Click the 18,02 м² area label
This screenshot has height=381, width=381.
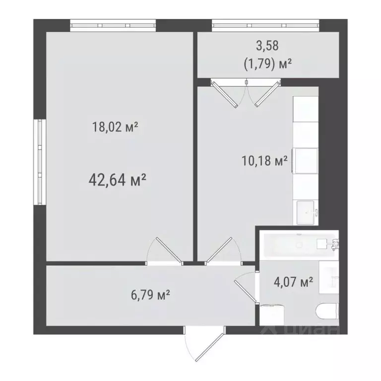[x=115, y=127]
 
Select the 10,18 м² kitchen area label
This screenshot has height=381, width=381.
[x=264, y=161]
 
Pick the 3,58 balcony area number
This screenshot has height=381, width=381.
[x=267, y=46]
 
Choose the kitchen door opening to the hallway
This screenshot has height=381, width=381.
[x=222, y=251]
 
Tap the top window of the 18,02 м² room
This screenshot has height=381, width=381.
[x=113, y=24]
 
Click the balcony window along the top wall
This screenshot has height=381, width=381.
[x=265, y=24]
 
